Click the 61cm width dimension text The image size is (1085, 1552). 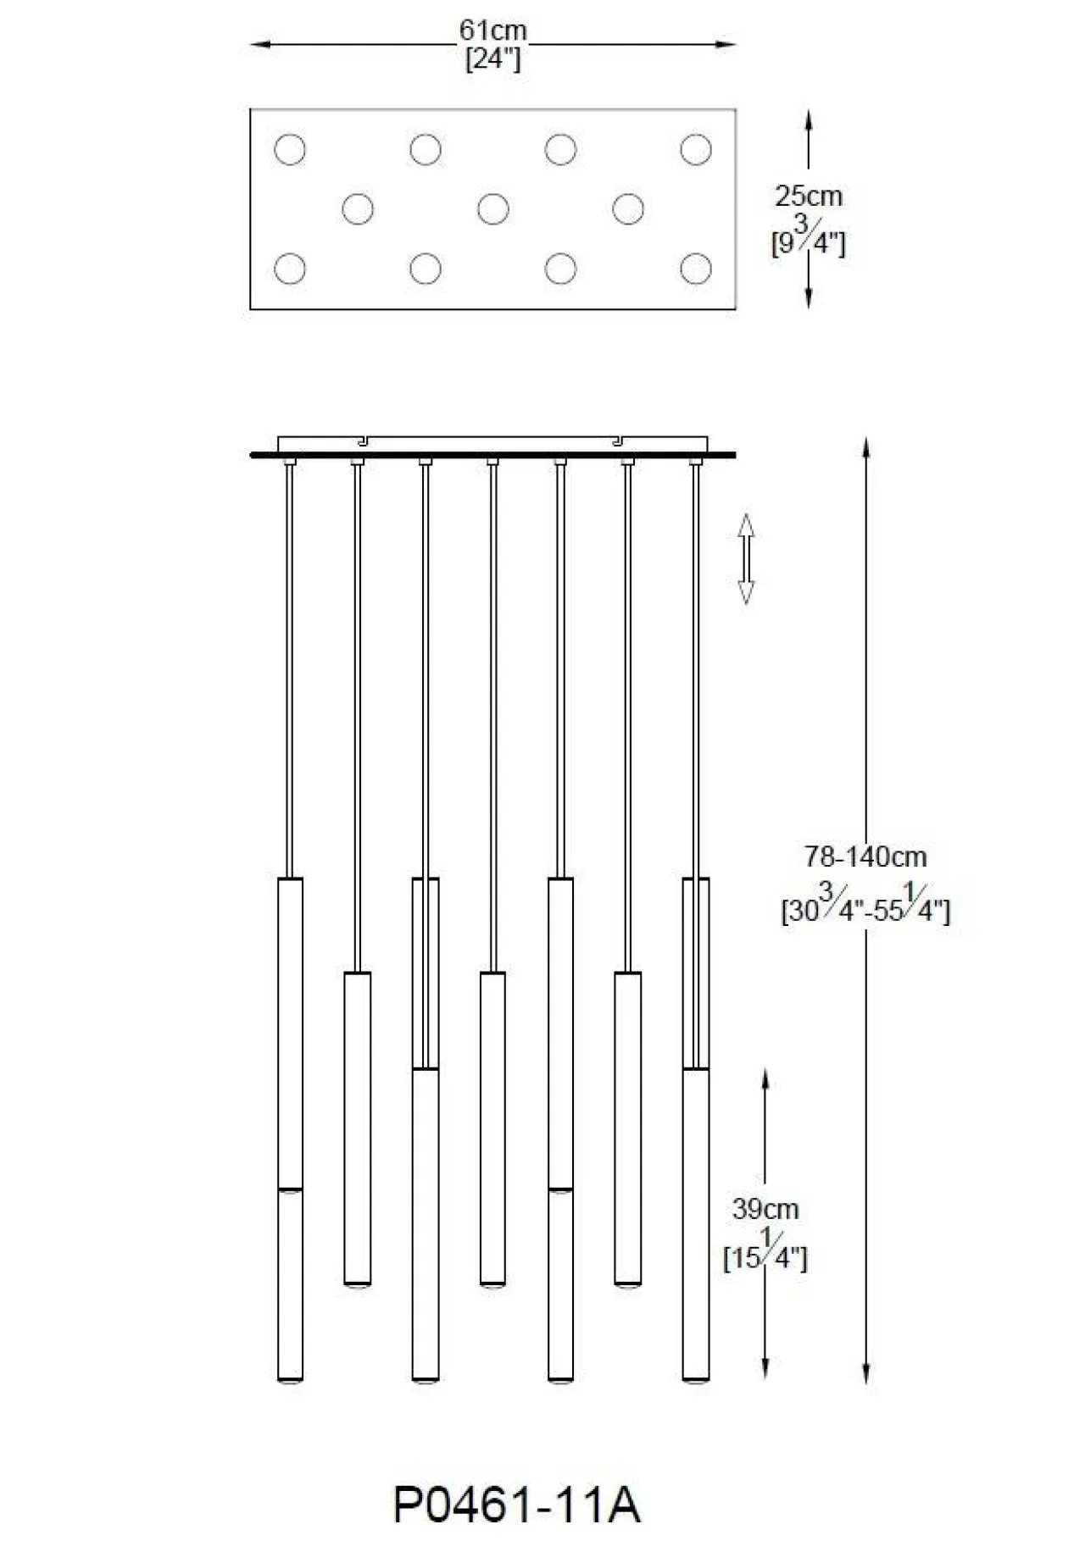(492, 30)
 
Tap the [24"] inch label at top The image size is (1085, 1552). (492, 58)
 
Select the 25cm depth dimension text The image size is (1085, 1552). (808, 197)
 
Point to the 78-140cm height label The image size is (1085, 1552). (865, 856)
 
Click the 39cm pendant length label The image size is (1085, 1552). (765, 1209)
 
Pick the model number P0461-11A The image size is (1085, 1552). (516, 1505)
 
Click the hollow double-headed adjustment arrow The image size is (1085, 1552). (746, 558)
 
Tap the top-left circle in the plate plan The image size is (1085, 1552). (290, 149)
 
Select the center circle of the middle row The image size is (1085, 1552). (492, 208)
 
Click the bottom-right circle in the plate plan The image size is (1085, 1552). (695, 269)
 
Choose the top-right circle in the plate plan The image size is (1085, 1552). (695, 149)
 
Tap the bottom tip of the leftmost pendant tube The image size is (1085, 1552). (290, 1380)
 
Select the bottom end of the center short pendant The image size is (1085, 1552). (492, 1284)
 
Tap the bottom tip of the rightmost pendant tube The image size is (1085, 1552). (695, 1380)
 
